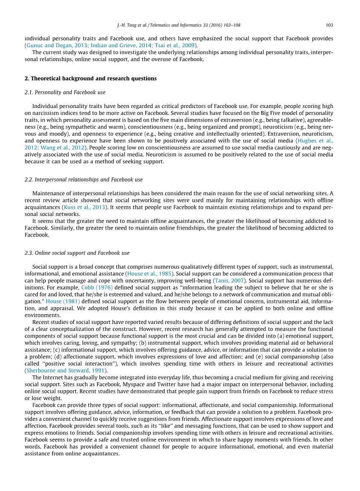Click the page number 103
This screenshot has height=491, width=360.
329,25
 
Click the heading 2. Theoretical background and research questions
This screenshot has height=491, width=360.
91,79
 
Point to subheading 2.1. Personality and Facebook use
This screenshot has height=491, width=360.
65,92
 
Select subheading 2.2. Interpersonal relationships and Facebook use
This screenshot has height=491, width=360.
84,180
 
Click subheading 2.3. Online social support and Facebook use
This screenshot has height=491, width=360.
77,253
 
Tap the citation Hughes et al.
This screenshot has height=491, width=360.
315,140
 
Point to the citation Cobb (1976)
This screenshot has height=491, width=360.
97,288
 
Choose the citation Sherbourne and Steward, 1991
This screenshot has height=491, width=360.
66,370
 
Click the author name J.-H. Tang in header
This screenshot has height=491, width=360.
127,25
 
